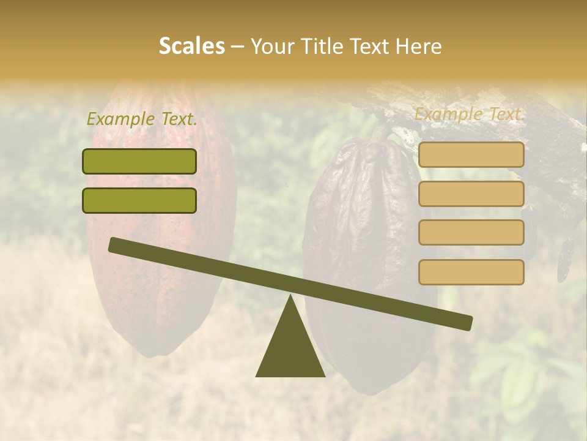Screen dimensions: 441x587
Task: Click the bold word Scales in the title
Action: (x=191, y=46)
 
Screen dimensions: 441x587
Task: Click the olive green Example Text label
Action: (x=142, y=119)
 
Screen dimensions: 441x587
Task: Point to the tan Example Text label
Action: (x=470, y=114)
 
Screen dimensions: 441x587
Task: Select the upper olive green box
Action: (x=139, y=161)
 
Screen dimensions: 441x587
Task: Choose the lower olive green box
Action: (x=139, y=200)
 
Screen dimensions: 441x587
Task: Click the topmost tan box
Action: (x=471, y=155)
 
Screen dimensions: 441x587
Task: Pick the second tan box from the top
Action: (x=471, y=194)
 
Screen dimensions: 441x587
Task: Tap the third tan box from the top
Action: (x=471, y=232)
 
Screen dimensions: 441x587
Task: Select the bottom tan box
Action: (x=471, y=272)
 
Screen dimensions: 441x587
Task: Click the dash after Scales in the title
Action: (x=238, y=46)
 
